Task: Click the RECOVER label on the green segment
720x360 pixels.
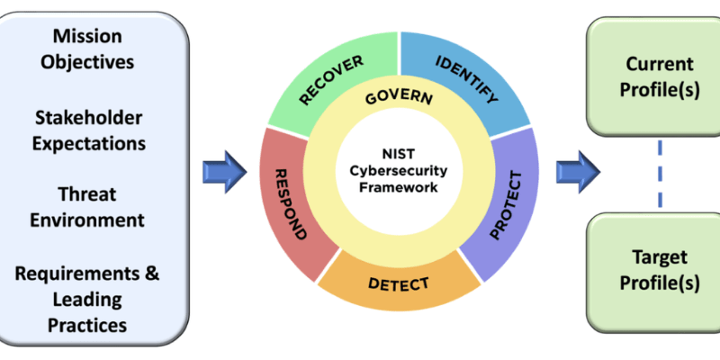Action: point(331,80)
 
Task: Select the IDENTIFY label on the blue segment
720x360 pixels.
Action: point(466,79)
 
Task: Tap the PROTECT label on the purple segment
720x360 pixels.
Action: point(506,206)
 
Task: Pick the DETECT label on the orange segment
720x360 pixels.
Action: point(399,283)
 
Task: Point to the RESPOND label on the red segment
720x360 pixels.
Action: point(290,204)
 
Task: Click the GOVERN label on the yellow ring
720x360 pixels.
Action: point(399,98)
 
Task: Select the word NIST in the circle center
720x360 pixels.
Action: point(398,154)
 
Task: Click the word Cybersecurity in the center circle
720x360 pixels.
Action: point(399,171)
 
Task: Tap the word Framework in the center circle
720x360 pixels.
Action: point(399,187)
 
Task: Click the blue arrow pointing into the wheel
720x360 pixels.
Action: point(225,172)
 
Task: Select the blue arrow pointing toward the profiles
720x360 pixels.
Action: point(579,172)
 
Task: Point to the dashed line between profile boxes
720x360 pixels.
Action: point(661,174)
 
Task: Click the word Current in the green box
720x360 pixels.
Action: point(660,64)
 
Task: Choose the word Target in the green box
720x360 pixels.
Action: point(660,256)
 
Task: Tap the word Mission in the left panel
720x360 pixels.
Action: point(87,36)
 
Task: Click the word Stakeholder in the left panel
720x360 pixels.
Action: point(88,118)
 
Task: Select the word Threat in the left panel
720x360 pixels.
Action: point(87,193)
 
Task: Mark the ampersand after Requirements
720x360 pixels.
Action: point(151,274)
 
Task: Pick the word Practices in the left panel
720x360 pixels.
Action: point(87,325)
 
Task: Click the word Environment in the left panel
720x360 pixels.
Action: point(87,220)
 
